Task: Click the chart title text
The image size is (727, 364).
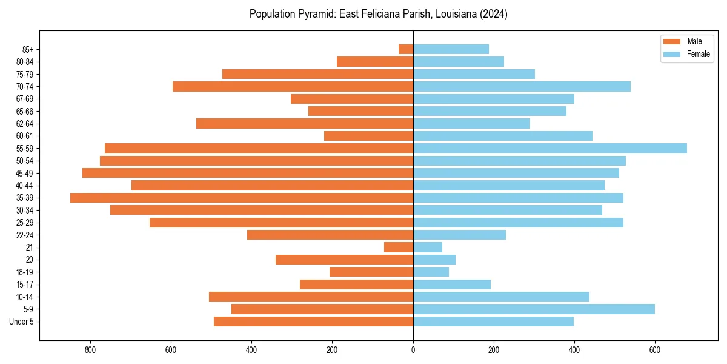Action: tap(378, 14)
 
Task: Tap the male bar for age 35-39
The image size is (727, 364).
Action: tap(242, 198)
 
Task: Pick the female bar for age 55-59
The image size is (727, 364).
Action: tap(549, 149)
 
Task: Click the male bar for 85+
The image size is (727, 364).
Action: tap(406, 49)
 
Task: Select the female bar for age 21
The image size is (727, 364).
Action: tap(428, 248)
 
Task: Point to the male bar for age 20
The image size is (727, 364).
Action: tap(344, 260)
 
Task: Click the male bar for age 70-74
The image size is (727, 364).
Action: tap(293, 87)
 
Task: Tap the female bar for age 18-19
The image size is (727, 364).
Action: tap(431, 272)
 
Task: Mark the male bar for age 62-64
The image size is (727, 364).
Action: tap(305, 124)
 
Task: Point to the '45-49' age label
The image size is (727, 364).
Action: tap(24, 174)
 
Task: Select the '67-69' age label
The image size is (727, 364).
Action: tap(24, 99)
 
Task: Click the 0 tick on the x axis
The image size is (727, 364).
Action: tap(413, 350)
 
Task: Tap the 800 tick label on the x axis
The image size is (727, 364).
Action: tap(90, 350)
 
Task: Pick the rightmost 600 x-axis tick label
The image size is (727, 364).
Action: tap(655, 350)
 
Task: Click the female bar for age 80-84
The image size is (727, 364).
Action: tap(458, 62)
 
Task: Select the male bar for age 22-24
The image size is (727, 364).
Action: tap(330, 235)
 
